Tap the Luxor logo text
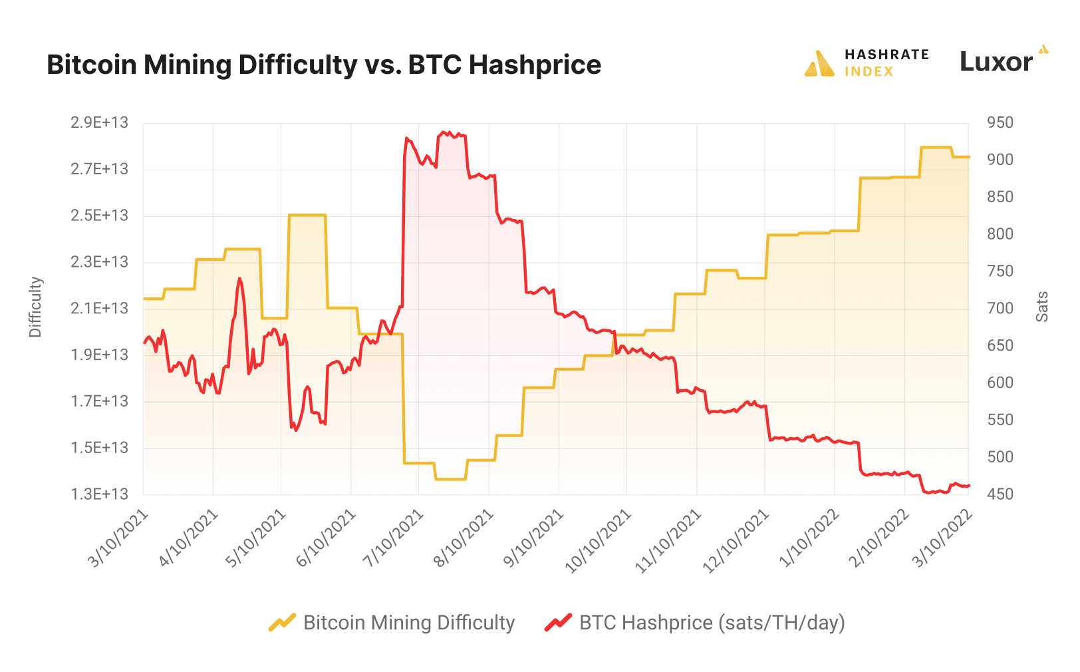pyautogui.click(x=996, y=62)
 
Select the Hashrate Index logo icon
pyautogui.click(x=819, y=64)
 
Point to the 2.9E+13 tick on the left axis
pyautogui.click(x=99, y=122)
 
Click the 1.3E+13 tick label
pyautogui.click(x=99, y=494)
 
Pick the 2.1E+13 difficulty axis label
pyautogui.click(x=99, y=308)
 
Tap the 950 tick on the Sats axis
pyautogui.click(x=1000, y=122)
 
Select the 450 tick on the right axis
pyautogui.click(x=1000, y=494)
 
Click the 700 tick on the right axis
pyautogui.click(x=1000, y=308)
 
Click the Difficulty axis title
pyautogui.click(x=35, y=307)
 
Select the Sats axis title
pyautogui.click(x=1042, y=307)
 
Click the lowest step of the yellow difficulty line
pyautogui.click(x=451, y=479)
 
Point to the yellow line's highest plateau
pyautogui.click(x=936, y=147)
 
